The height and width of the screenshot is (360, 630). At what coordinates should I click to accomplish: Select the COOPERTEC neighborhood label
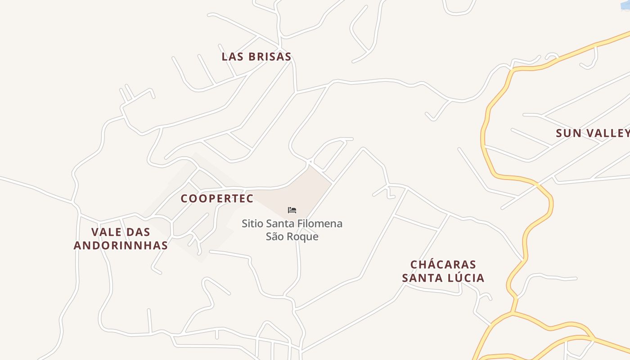[217, 198]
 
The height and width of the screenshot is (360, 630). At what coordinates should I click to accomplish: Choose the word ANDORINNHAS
[121, 245]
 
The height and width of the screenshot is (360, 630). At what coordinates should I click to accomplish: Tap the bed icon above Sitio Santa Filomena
[292, 210]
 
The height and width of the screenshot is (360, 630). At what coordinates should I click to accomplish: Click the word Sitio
[252, 224]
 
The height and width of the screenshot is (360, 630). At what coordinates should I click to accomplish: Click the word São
[274, 237]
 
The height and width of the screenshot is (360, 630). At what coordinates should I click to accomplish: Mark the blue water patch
[625, 4]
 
